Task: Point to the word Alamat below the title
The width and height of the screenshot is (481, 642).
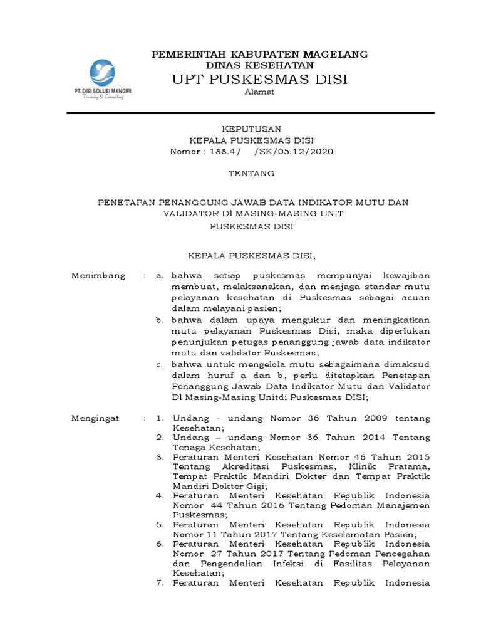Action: [259, 93]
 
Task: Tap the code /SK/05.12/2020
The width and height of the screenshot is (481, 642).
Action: [293, 152]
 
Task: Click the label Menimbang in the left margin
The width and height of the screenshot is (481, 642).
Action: [98, 276]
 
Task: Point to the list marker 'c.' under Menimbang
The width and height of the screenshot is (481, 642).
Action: [160, 364]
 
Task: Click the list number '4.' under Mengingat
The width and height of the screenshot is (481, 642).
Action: [160, 495]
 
